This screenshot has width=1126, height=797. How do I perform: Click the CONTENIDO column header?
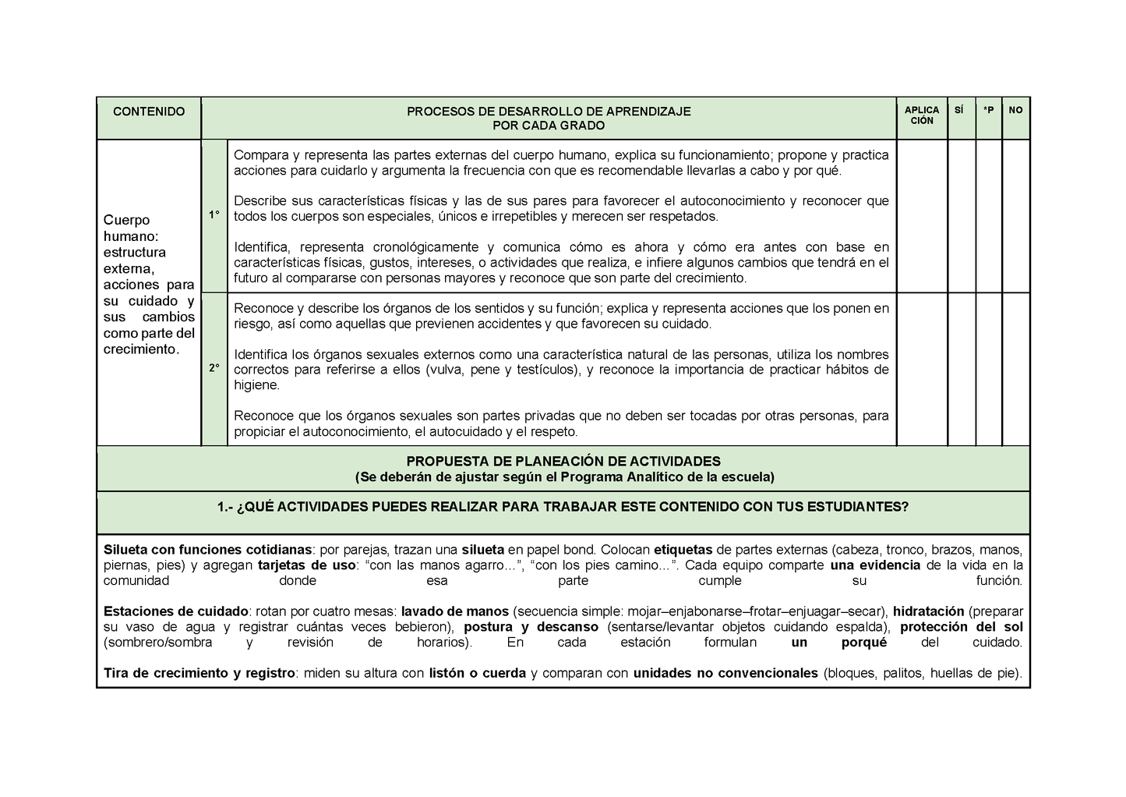pos(149,112)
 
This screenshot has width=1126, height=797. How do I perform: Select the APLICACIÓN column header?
pos(922,115)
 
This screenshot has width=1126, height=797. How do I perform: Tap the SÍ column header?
pos(959,111)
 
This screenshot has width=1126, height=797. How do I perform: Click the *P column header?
pos(988,111)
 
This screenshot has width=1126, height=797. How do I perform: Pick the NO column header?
pos(1015,111)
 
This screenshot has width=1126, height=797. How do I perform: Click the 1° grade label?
pos(214,214)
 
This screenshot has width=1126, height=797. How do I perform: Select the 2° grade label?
pos(214,367)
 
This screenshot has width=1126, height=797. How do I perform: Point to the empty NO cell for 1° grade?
pos(1015,216)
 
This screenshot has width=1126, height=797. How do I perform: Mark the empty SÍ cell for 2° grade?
pos(961,369)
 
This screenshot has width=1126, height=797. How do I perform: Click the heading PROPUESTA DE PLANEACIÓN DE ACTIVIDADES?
pos(563,461)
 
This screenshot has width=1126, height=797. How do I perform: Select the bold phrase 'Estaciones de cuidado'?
pos(175,611)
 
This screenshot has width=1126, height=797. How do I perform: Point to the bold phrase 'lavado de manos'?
pos(455,611)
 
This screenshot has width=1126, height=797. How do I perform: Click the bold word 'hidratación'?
pos(928,611)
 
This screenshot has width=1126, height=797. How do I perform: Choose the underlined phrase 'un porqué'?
pos(838,643)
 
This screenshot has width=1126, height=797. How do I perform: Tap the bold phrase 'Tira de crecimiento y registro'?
pos(199,673)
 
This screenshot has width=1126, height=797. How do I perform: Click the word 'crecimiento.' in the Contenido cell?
pos(141,349)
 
